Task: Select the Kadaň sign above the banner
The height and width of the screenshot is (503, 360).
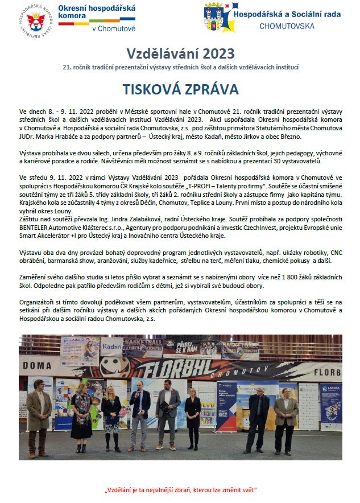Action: point(113,347)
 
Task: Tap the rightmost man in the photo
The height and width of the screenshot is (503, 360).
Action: point(285,418)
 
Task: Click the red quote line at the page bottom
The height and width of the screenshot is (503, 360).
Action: point(180,490)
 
